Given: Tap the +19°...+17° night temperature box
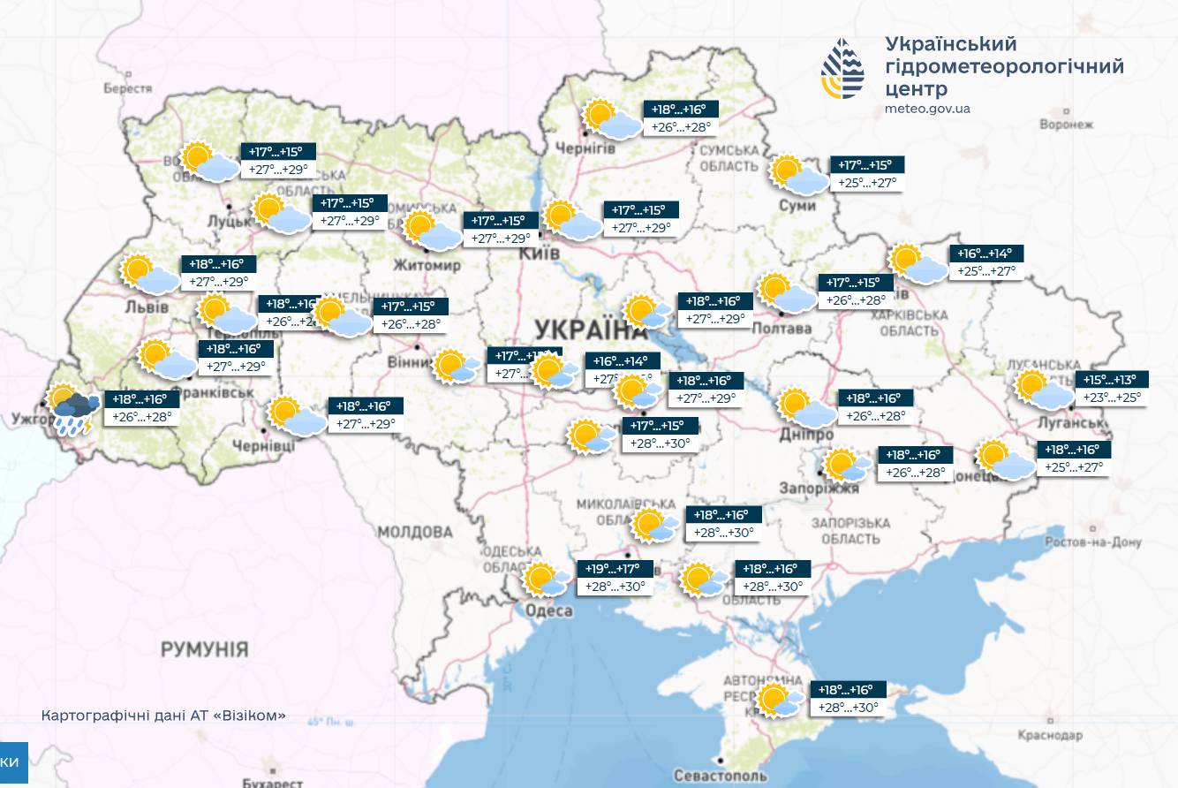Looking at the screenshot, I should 615,568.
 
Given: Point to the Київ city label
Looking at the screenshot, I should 541,254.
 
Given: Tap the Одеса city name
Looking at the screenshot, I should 547,610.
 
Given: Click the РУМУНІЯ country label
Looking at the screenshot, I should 204,650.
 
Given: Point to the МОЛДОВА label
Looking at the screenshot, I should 415,532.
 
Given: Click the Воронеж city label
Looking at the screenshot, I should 1067,125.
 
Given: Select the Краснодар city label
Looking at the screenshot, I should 1049,735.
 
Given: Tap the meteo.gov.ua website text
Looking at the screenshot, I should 927,109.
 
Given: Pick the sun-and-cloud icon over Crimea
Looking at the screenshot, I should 780,700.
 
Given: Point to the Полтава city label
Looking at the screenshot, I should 782,329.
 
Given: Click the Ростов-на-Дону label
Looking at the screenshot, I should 1092,542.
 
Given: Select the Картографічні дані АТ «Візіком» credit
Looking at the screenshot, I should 163,716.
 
